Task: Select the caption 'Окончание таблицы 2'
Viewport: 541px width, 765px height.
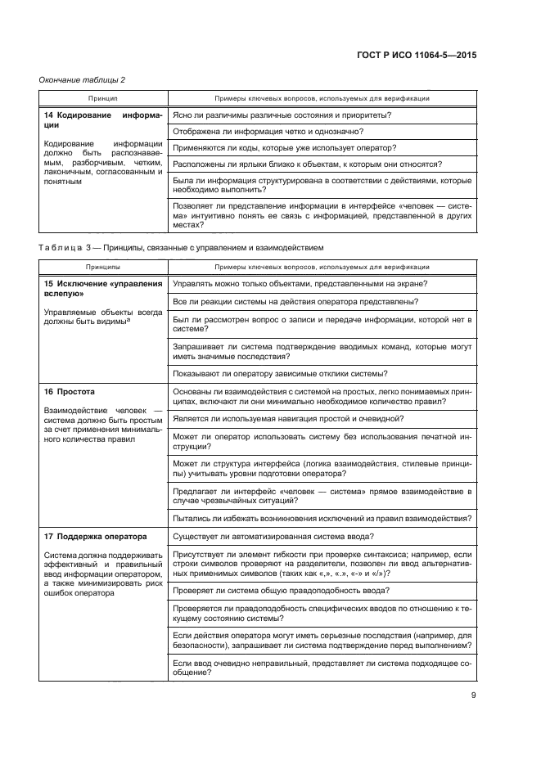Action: (82, 79)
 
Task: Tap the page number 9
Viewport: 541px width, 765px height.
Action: (474, 696)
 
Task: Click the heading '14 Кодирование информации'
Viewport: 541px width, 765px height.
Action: (98, 121)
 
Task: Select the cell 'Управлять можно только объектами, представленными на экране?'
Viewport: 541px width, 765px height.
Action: (301, 284)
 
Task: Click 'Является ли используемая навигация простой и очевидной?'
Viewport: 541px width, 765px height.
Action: (288, 418)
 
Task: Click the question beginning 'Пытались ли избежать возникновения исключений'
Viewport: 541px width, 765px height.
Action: (321, 517)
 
